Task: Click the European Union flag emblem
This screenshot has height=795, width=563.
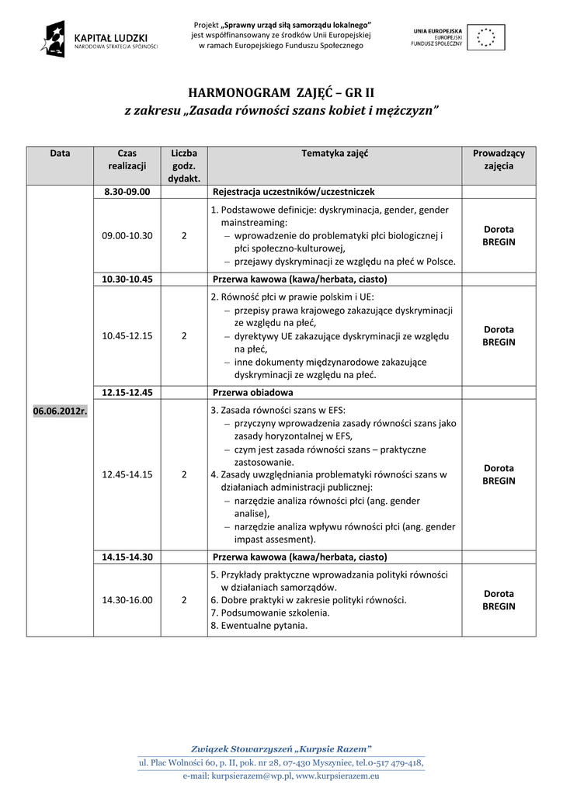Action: tap(490, 36)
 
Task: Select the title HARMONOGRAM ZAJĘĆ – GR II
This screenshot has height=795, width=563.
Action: tap(282, 92)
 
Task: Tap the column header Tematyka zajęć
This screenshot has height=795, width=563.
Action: tap(335, 154)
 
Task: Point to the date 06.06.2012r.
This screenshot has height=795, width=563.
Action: tap(60, 411)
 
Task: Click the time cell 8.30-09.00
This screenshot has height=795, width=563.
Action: tap(127, 191)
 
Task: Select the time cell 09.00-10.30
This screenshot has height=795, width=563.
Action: tap(127, 235)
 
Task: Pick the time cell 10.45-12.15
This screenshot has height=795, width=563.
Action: tap(127, 335)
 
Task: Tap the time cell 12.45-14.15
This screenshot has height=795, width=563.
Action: tap(127, 474)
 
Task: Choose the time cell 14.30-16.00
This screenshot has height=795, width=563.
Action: tap(127, 599)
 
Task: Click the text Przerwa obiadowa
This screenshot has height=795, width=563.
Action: tap(252, 392)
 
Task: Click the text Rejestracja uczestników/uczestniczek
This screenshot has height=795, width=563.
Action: tap(294, 191)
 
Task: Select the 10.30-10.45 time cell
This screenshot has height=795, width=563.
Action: tap(127, 279)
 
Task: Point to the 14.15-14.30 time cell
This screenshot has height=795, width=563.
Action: tap(127, 557)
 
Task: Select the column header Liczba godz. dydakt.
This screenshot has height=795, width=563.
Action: tap(184, 166)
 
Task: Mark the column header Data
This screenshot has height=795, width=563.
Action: tap(60, 154)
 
